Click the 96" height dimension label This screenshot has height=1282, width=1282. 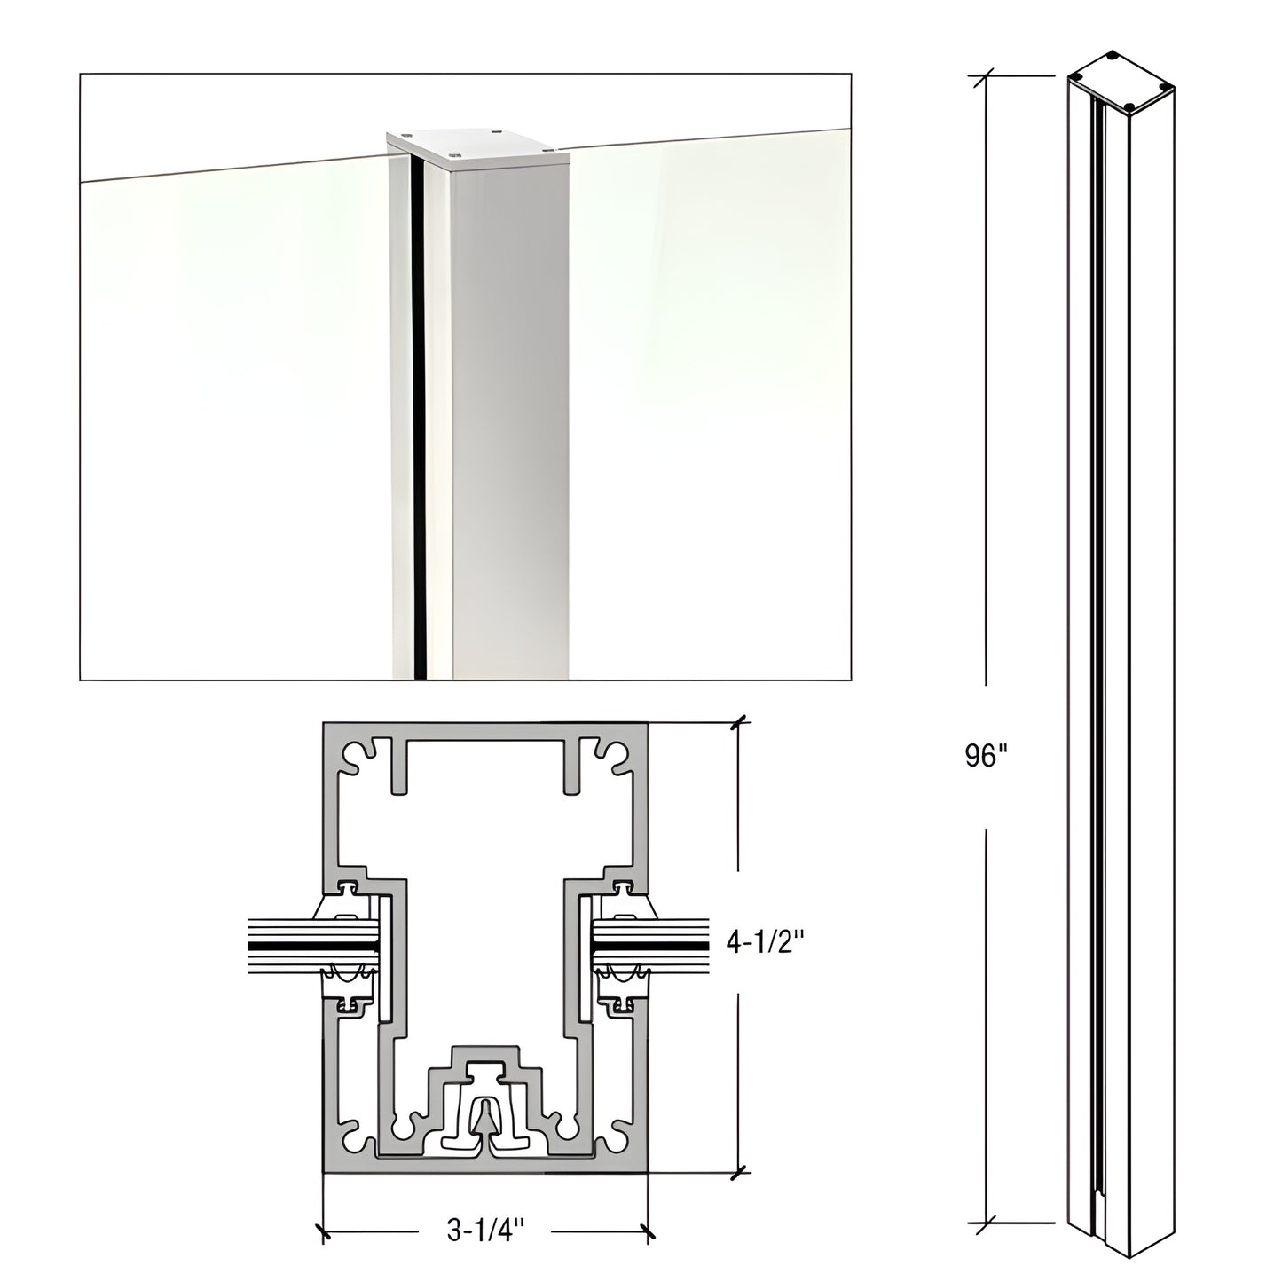coord(987,757)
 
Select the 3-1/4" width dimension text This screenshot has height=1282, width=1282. coord(485,1231)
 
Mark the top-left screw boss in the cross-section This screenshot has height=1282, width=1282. coord(358,754)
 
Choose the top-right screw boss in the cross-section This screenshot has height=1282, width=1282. coord(611,754)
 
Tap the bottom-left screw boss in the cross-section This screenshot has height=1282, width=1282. coord(358,1138)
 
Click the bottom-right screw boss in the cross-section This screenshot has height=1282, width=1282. coord(611,1138)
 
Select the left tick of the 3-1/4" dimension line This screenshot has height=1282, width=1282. coord(323,1231)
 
